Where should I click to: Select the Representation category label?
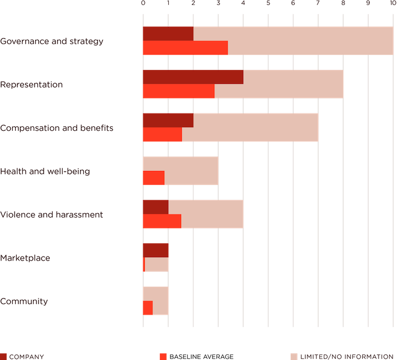click(x=31, y=85)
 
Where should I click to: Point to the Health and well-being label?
click(x=45, y=172)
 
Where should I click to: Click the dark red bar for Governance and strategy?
click(x=168, y=34)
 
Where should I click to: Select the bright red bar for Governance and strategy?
click(x=185, y=48)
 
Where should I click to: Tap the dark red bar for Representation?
click(x=192, y=77)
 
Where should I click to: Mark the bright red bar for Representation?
click(x=178, y=91)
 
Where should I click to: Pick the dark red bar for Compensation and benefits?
click(x=168, y=120)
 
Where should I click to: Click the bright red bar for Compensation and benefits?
click(x=162, y=135)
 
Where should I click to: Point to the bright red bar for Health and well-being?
click(x=153, y=178)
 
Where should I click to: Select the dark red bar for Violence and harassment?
click(x=155, y=207)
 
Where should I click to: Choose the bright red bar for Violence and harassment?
click(x=161, y=221)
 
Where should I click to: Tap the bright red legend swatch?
click(x=163, y=356)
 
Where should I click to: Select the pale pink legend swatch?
click(x=293, y=356)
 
